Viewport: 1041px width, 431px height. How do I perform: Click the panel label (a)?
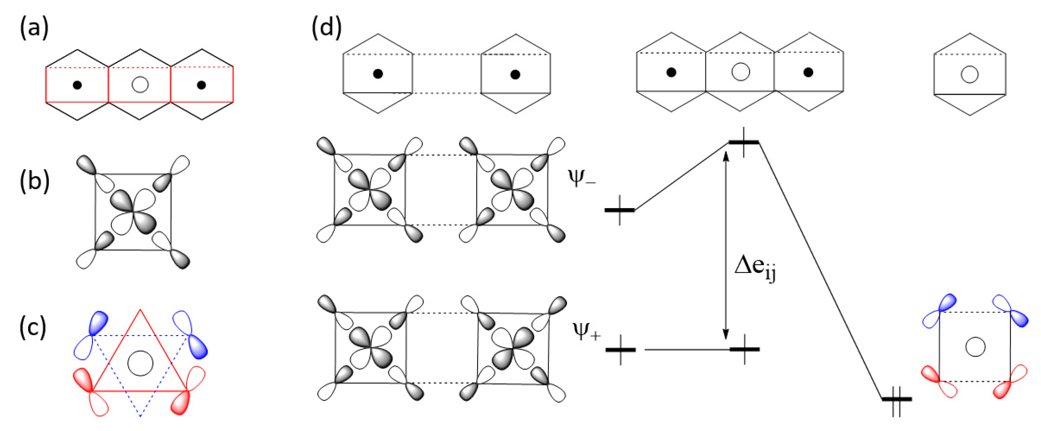pyautogui.click(x=34, y=29)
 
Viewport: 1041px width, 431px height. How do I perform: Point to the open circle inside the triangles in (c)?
pyautogui.click(x=140, y=363)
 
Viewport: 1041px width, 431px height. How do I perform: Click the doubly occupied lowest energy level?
pyautogui.click(x=896, y=399)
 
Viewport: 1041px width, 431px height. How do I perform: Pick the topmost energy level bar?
pyautogui.click(x=744, y=142)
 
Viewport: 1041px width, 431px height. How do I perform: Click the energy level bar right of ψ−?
pyautogui.click(x=619, y=210)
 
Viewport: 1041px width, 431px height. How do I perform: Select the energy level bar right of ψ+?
pyautogui.click(x=620, y=350)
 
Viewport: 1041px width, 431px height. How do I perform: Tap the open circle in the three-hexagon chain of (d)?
pyautogui.click(x=740, y=72)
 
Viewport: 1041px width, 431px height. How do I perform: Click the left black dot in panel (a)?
pyautogui.click(x=77, y=85)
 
